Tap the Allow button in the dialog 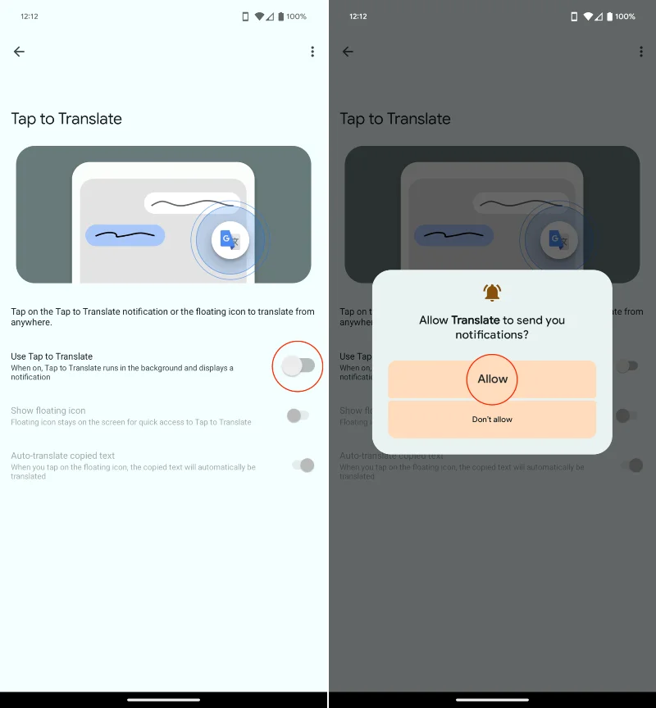pyautogui.click(x=492, y=379)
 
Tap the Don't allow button pyautogui.click(x=492, y=420)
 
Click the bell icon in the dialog pyautogui.click(x=492, y=292)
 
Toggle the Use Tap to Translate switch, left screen pyautogui.click(x=298, y=366)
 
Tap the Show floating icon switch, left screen pyautogui.click(x=298, y=415)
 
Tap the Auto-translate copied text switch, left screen pyautogui.click(x=303, y=465)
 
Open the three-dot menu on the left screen pyautogui.click(x=312, y=52)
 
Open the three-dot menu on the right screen pyautogui.click(x=641, y=52)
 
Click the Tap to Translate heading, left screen pyautogui.click(x=66, y=119)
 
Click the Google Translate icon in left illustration pyautogui.click(x=230, y=240)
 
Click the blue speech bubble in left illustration pyautogui.click(x=125, y=236)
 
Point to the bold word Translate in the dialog pyautogui.click(x=476, y=320)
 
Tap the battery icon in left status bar pyautogui.click(x=281, y=16)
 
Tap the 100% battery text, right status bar pyautogui.click(x=625, y=16)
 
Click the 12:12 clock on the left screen pyautogui.click(x=29, y=16)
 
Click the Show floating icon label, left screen pyautogui.click(x=48, y=411)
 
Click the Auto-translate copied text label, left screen pyautogui.click(x=63, y=456)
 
